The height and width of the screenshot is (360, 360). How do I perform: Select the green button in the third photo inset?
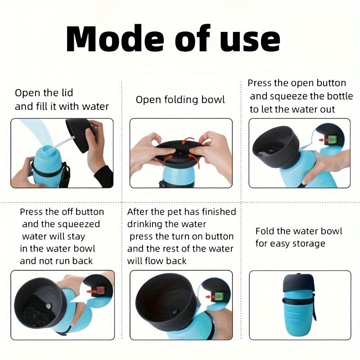pyautogui.click(x=332, y=139)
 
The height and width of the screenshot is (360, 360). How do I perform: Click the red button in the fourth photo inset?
pyautogui.click(x=100, y=291)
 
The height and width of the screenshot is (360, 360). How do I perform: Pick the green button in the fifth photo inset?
pyautogui.click(x=219, y=297)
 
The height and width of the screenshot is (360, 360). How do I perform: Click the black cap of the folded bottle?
pyautogui.click(x=298, y=283)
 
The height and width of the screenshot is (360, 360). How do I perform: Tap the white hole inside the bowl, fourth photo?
pyautogui.click(x=49, y=306)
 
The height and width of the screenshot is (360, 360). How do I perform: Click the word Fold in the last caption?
pyautogui.click(x=265, y=231)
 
